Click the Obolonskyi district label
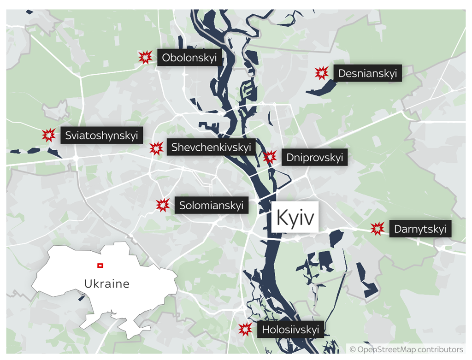(x=189, y=59)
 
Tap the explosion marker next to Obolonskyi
(x=145, y=57)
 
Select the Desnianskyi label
(x=367, y=73)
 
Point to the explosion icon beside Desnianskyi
(x=321, y=73)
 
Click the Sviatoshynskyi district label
(x=101, y=136)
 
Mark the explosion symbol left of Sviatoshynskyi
(x=49, y=135)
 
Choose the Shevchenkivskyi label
(x=211, y=147)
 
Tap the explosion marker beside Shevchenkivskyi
(x=156, y=148)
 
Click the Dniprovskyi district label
(x=314, y=157)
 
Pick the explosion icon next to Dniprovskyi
(x=270, y=157)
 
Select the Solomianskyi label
(x=211, y=206)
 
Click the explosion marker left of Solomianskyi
(x=163, y=205)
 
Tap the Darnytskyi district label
(x=420, y=229)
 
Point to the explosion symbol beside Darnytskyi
(x=378, y=228)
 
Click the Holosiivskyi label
(x=290, y=330)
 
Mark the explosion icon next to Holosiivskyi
(x=245, y=329)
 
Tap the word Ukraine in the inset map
(x=106, y=283)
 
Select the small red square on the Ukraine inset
(x=100, y=265)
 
